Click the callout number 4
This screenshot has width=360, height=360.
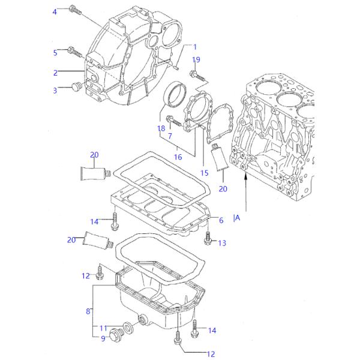[55, 12]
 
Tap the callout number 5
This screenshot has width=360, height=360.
[55, 53]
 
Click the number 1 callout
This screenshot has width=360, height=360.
[194, 47]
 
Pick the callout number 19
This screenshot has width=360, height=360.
[196, 59]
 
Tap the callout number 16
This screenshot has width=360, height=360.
[178, 157]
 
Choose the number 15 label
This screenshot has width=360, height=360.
[204, 173]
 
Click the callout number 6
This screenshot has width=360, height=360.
[221, 220]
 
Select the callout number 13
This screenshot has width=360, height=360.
[222, 243]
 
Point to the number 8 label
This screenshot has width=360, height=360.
[88, 311]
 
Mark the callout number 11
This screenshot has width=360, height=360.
[103, 328]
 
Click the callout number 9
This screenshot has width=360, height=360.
[103, 339]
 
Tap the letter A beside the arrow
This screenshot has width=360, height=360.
[238, 218]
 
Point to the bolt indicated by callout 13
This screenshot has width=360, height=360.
[208, 240]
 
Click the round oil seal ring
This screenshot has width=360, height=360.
[176, 95]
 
